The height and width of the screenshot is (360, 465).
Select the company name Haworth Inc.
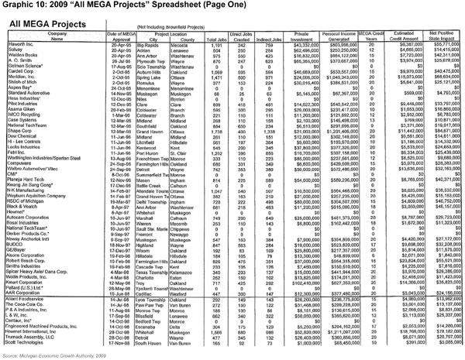tap(18, 45)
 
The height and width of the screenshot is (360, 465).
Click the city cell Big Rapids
tap(160, 45)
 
